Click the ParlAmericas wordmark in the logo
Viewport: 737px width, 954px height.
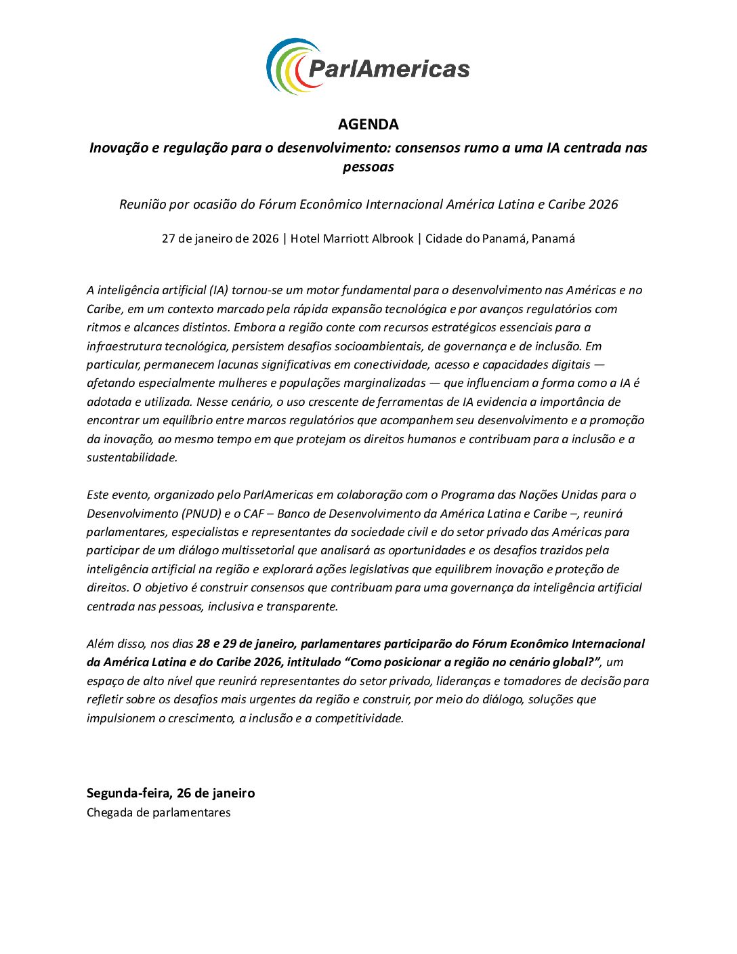point(389,68)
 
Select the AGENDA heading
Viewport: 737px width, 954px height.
point(368,124)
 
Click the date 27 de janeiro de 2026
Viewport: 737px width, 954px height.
point(220,239)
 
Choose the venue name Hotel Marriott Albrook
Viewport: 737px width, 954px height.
point(352,239)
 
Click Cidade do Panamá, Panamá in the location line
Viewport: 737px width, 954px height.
point(500,239)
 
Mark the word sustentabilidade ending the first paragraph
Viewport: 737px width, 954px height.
point(131,457)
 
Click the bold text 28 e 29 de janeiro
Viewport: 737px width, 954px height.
point(245,644)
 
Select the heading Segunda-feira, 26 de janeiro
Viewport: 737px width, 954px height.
point(171,793)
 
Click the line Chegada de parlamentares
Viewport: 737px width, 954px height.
point(159,812)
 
